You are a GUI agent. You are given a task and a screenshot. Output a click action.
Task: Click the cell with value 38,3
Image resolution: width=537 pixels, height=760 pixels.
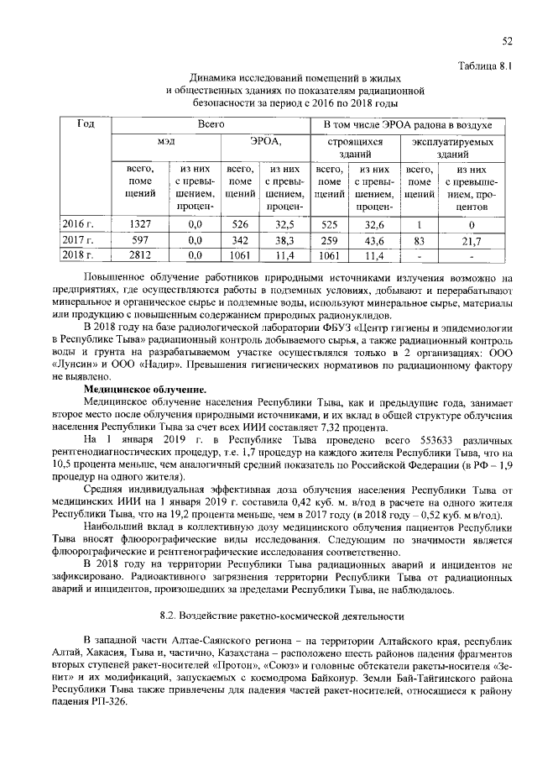[284, 239]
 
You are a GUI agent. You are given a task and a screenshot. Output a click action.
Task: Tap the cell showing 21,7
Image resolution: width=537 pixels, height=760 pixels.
[472, 239]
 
